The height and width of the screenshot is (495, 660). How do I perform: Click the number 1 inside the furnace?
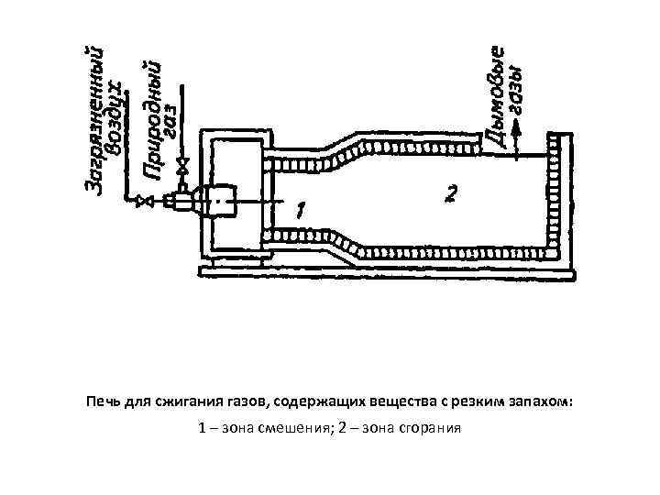pyautogui.click(x=301, y=210)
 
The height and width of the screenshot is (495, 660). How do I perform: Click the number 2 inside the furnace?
pyautogui.click(x=448, y=193)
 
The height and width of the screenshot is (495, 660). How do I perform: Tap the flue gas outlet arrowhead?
pyautogui.click(x=518, y=130)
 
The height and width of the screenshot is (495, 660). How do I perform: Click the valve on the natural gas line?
pyautogui.click(x=183, y=168)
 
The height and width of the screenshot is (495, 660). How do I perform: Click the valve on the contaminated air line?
pyautogui.click(x=143, y=200)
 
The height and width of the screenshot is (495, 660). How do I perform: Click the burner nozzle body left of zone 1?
pyautogui.click(x=220, y=199)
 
